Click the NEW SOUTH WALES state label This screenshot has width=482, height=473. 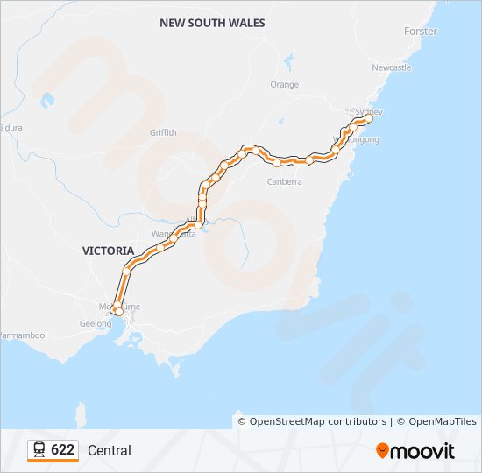[x=212, y=23]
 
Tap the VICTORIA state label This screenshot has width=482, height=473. [x=109, y=251]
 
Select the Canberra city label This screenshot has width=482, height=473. [x=284, y=182]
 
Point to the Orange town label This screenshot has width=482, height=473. [x=284, y=85]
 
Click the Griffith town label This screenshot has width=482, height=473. [x=163, y=133]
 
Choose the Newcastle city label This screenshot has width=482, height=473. [x=391, y=67]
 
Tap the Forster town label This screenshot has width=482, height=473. [x=421, y=32]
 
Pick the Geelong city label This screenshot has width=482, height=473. [x=96, y=323]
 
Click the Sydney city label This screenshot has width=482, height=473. [x=370, y=112]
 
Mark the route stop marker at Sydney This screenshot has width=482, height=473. [x=369, y=118]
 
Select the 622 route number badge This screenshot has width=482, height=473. [x=62, y=450]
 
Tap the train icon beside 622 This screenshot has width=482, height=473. [x=39, y=450]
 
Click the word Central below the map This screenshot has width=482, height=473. [x=110, y=451]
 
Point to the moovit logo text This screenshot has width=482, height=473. [x=423, y=451]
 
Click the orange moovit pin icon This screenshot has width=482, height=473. [x=382, y=451]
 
